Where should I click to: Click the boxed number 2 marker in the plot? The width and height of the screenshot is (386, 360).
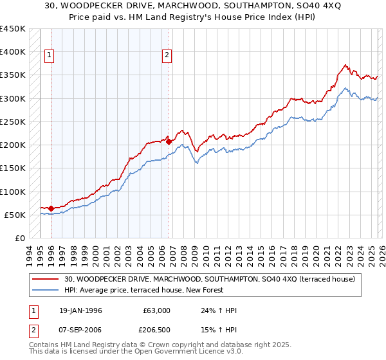[167, 56]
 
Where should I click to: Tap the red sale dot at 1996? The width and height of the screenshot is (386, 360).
[51, 208]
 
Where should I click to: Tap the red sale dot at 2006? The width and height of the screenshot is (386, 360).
[169, 141]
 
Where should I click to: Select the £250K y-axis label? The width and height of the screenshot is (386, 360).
[13, 122]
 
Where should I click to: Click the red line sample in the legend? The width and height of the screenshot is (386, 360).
[46, 280]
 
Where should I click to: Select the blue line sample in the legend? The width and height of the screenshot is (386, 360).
[46, 291]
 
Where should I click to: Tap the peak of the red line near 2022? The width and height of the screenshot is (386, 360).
[345, 64]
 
